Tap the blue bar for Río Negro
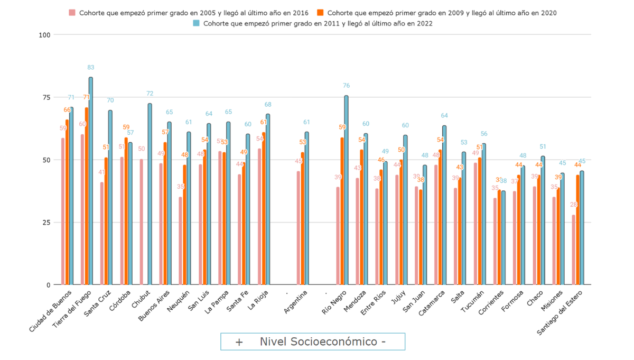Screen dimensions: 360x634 pyautogui.click(x=346, y=190)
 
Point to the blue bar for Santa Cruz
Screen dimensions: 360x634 pyautogui.click(x=110, y=198)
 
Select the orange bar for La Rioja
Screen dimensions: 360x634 pyautogui.click(x=264, y=208)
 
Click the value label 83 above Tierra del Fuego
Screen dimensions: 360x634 pyautogui.click(x=91, y=67)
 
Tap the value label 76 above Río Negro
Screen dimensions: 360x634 pyautogui.click(x=346, y=86)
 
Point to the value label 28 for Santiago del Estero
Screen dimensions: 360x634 pyautogui.click(x=573, y=205)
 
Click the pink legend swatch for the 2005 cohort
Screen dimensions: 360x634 pyautogui.click(x=72, y=13)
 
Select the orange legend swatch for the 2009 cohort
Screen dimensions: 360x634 pyautogui.click(x=320, y=13)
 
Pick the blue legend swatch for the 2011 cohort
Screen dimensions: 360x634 pyautogui.click(x=196, y=23)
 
